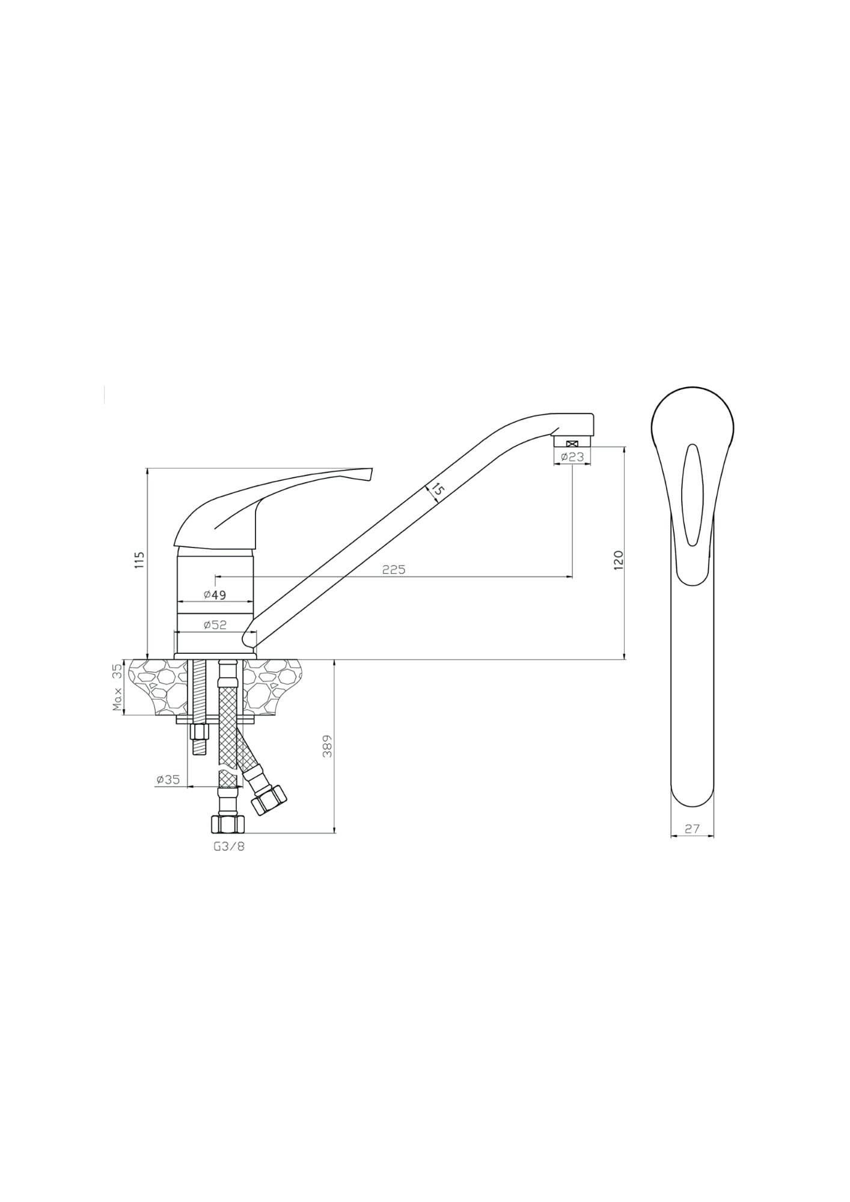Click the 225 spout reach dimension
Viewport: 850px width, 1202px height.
pos(394,569)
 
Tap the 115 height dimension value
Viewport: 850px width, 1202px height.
pos(140,560)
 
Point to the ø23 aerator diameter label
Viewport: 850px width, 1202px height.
pos(572,457)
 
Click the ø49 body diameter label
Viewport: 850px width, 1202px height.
pos(215,595)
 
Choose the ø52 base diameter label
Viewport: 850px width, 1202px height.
pos(215,625)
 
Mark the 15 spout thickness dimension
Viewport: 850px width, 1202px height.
pos(437,491)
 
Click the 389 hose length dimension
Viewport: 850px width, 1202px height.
pos(327,746)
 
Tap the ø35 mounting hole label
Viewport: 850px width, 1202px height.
pos(168,779)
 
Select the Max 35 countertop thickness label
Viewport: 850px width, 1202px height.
pos(118,688)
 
